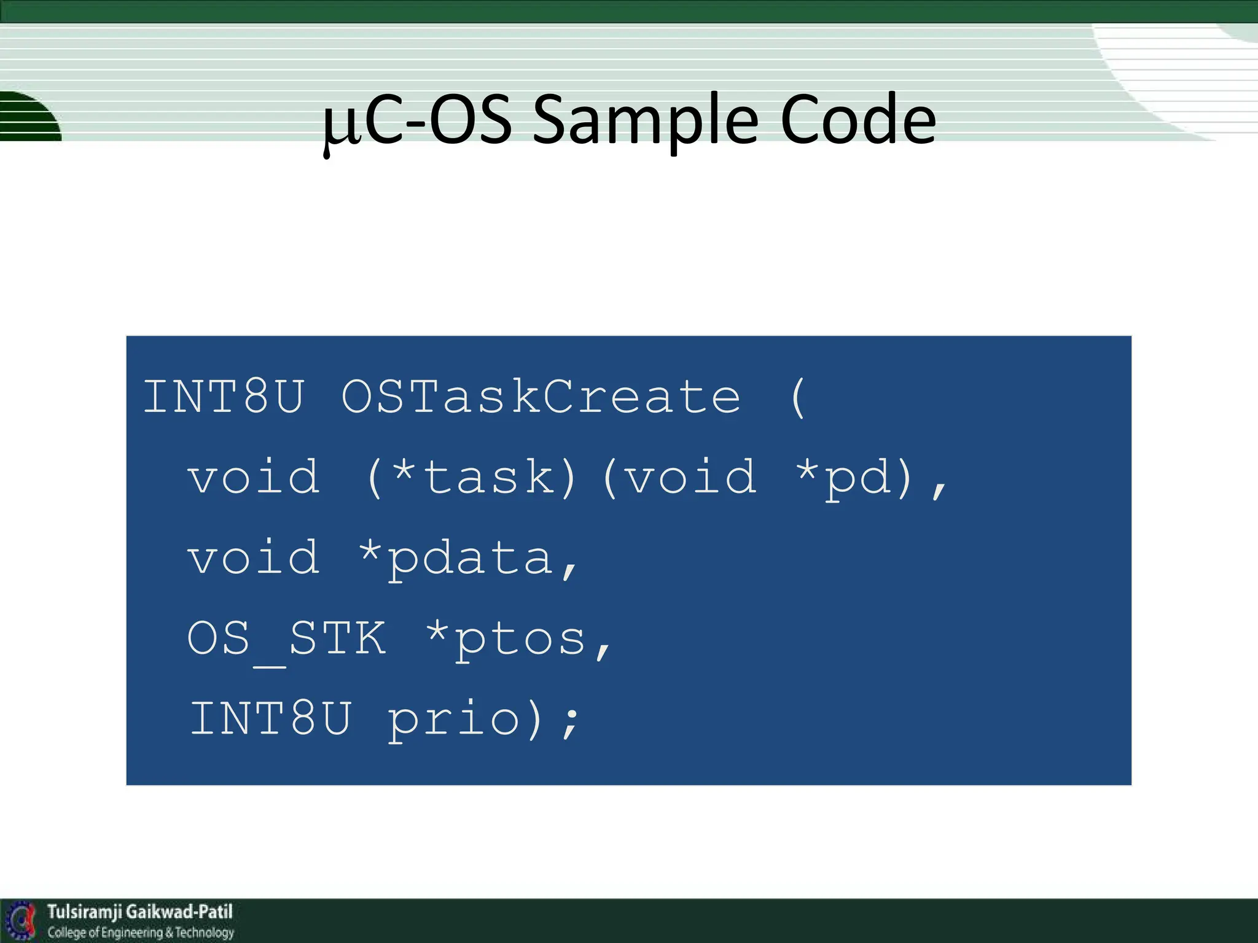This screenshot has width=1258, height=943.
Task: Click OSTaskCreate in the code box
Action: pyautogui.click(x=541, y=397)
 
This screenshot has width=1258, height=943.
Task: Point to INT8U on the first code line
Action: pyautogui.click(x=224, y=397)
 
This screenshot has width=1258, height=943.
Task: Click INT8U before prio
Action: pyautogui.click(x=270, y=718)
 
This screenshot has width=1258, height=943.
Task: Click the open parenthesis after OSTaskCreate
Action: pyautogui.click(x=797, y=397)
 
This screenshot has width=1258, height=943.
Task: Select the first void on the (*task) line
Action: pyautogui.click(x=253, y=477)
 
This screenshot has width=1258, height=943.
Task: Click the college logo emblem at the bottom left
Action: pyautogui.click(x=21, y=920)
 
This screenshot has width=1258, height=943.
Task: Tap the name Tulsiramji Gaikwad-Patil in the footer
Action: pyautogui.click(x=140, y=912)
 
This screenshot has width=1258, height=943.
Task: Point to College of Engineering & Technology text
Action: pyautogui.click(x=141, y=933)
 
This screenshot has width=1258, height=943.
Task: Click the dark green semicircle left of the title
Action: pyautogui.click(x=28, y=117)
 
